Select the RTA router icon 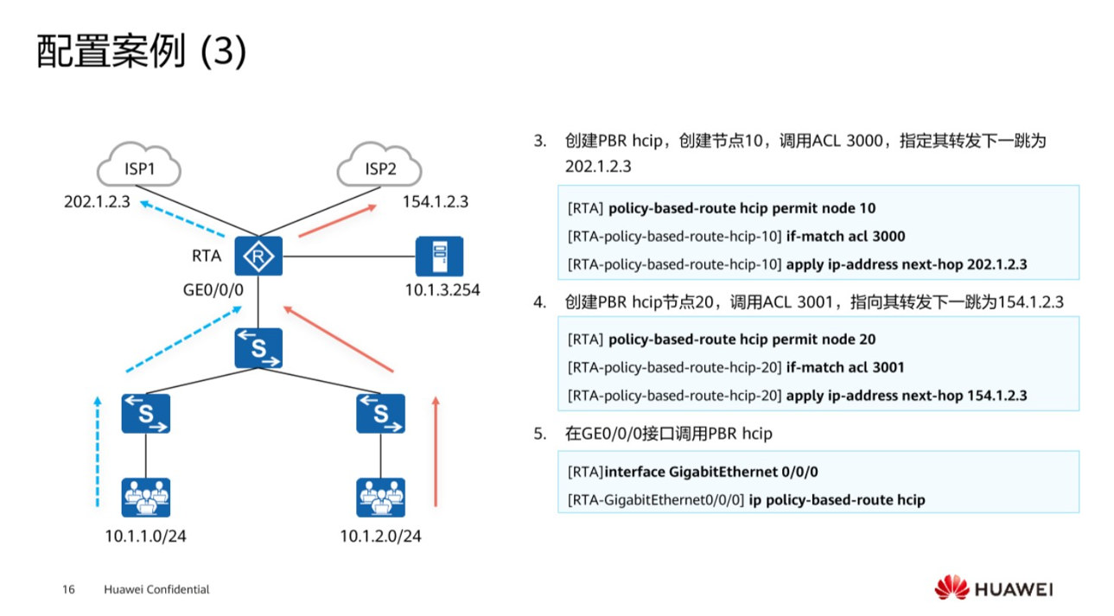pos(258,256)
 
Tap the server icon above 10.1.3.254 pos(439,256)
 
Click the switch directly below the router pos(258,348)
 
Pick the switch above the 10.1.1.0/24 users pos(145,413)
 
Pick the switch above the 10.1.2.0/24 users pos(381,413)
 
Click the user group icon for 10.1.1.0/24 pos(145,498)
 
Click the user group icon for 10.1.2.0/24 pos(381,498)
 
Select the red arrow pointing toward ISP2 pos(337,219)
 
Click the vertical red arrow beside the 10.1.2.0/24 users pos(436,451)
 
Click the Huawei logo pos(993,589)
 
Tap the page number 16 pos(69,590)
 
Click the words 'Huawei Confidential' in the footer pos(156,590)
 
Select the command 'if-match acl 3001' pos(845,367)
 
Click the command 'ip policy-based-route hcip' pos(837,499)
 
